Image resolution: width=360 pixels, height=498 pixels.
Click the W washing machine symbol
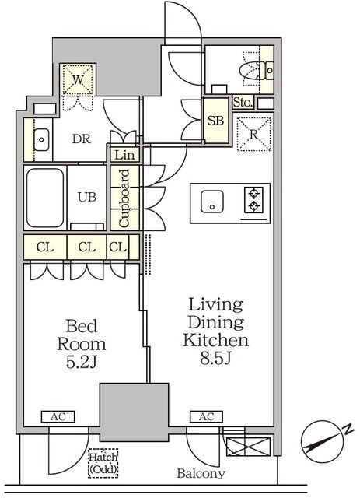[x=78, y=79]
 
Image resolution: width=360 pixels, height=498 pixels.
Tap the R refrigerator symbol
[x=253, y=134]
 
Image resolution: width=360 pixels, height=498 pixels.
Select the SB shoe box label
[x=216, y=121]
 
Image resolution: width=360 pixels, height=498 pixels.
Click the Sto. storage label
[x=243, y=103]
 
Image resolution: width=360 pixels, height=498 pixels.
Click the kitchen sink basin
[x=212, y=202]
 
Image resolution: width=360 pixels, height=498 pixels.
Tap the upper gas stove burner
[x=254, y=193]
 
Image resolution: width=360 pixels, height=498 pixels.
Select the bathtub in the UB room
[x=45, y=198]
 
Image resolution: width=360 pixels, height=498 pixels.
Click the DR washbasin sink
[x=41, y=139]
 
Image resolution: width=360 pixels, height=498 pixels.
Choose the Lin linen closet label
[x=124, y=155]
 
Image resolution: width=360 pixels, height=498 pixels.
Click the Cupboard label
[x=124, y=198]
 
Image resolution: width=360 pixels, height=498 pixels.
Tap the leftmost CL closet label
[x=45, y=247]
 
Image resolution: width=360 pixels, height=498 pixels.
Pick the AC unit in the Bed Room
[x=58, y=417]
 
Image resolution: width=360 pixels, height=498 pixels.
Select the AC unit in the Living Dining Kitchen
[x=206, y=417]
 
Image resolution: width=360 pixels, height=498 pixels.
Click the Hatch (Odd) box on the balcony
[x=103, y=463]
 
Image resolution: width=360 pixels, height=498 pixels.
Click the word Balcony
[x=201, y=473]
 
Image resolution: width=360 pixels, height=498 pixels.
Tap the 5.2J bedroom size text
[x=82, y=362]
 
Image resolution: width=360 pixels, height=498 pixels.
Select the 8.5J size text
[x=215, y=358]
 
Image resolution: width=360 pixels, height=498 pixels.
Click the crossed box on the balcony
[x=249, y=447]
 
